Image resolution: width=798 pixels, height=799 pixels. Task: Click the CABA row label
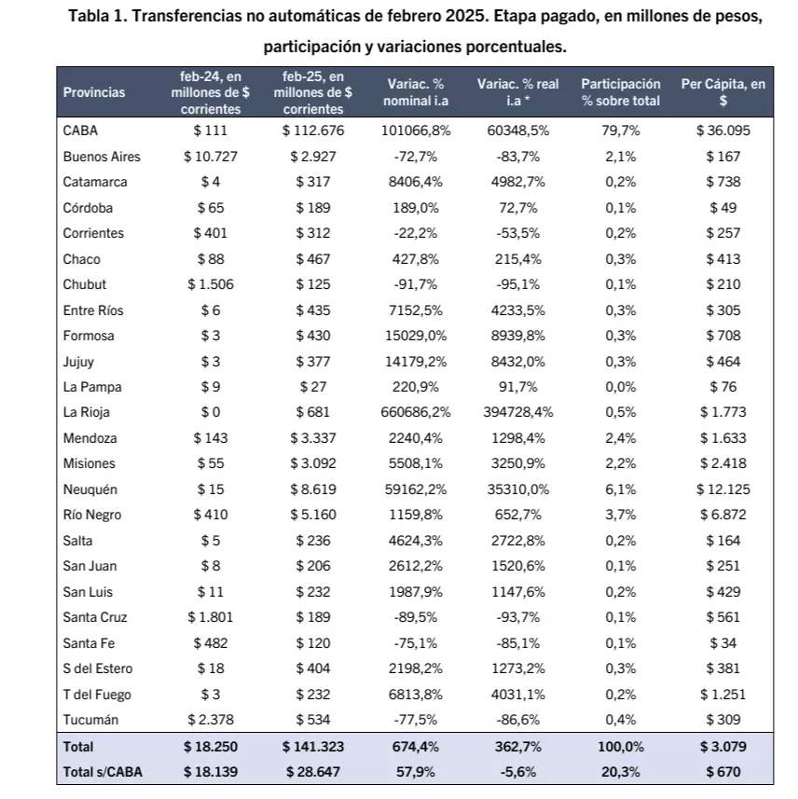(x=79, y=131)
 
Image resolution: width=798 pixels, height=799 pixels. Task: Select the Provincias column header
(x=94, y=92)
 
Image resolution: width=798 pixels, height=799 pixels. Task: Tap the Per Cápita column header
(x=723, y=92)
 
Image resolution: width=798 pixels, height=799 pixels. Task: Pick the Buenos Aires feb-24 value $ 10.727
(x=211, y=157)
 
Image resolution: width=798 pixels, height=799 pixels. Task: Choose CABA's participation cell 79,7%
(x=621, y=131)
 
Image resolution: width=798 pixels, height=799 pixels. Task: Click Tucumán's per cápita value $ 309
(x=723, y=720)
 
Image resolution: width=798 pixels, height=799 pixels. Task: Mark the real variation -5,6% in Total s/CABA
(x=518, y=772)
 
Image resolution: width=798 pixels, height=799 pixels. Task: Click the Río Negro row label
(x=92, y=515)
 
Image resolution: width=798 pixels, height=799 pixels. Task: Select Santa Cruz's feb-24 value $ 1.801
(x=211, y=617)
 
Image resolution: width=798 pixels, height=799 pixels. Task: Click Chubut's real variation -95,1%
(x=518, y=284)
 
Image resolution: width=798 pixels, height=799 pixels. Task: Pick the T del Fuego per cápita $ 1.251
(x=723, y=694)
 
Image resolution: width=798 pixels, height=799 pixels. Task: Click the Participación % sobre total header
(x=621, y=92)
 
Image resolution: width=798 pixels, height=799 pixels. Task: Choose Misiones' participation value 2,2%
(x=621, y=463)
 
